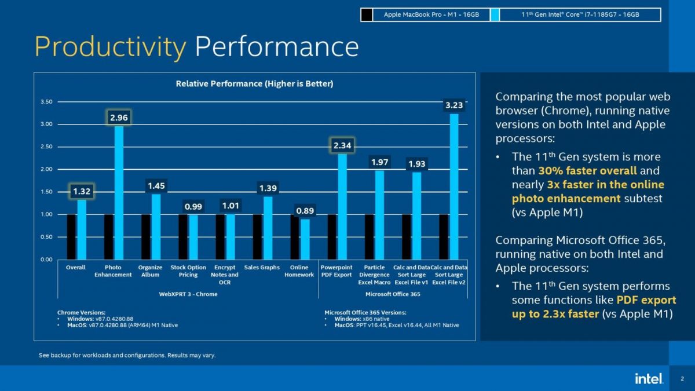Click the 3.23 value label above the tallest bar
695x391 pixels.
click(x=454, y=105)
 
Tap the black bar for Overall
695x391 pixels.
click(x=71, y=237)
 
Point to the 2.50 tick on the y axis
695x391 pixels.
click(x=46, y=147)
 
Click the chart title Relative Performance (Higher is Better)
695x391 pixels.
click(x=254, y=84)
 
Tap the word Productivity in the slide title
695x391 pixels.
click(x=111, y=46)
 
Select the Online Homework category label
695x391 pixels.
click(x=299, y=271)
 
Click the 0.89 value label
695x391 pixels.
click(x=305, y=211)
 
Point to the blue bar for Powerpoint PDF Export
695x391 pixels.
click(x=342, y=206)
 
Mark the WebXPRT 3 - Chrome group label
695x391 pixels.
click(x=188, y=294)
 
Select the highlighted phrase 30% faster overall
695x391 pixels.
click(x=587, y=171)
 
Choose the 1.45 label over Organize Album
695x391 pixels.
click(x=156, y=186)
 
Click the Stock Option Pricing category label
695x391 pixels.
click(x=188, y=271)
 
